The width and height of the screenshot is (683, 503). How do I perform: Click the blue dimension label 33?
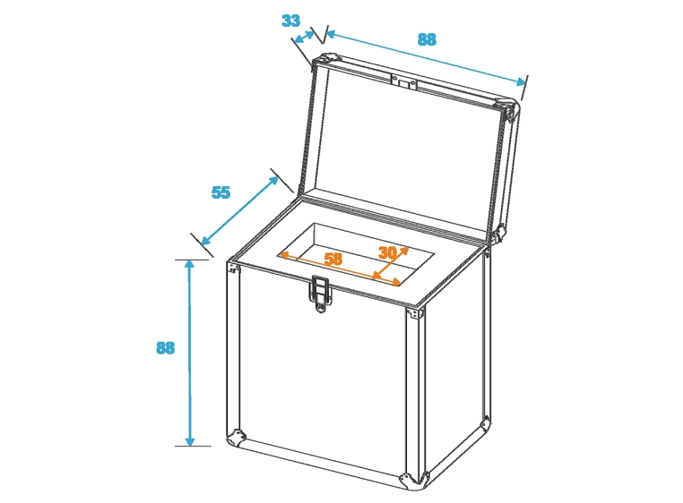tap(291, 21)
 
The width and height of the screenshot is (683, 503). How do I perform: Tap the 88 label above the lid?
tap(427, 39)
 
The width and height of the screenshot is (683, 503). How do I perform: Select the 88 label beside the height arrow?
tap(166, 348)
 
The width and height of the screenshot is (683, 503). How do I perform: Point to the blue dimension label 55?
tap(220, 192)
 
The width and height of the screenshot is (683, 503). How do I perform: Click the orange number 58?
tap(333, 259)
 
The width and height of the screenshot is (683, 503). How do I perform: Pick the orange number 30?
tap(387, 252)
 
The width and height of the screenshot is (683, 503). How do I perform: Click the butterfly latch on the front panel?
tap(320, 294)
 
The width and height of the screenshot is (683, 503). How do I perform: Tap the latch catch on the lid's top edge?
tap(403, 81)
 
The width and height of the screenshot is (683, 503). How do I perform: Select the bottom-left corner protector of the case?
tap(236, 438)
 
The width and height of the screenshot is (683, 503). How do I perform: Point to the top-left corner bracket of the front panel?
tap(234, 267)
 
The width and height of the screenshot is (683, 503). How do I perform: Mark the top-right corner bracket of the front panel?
tap(416, 313)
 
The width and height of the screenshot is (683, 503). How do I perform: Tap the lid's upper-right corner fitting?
tap(509, 109)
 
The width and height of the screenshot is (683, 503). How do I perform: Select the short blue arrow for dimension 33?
tap(305, 37)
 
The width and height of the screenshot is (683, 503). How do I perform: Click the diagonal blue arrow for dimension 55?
tap(239, 210)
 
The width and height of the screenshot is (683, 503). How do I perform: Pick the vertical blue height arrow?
tap(189, 353)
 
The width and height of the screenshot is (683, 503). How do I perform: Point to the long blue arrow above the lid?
tap(426, 58)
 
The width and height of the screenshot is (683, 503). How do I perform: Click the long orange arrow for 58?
tap(339, 268)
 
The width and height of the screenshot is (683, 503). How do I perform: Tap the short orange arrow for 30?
tap(391, 263)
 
